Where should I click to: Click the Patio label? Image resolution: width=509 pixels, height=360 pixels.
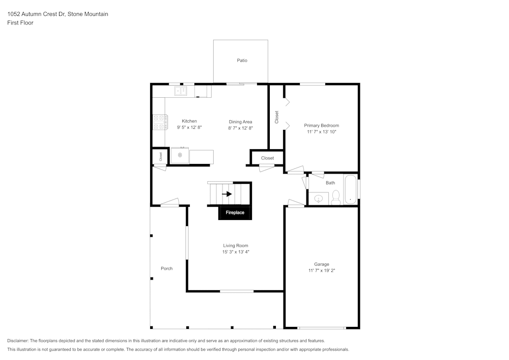click(242, 61)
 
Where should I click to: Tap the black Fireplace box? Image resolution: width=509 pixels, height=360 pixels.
click(235, 212)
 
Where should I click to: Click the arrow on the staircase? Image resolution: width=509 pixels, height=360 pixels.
click(227, 194)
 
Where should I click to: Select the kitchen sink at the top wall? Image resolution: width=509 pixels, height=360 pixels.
click(181, 91)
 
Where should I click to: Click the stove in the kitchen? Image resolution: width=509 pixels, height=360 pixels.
click(159, 122)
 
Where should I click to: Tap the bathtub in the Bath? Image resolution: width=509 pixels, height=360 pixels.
click(350, 189)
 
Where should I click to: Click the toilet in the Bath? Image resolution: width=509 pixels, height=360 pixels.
click(335, 197)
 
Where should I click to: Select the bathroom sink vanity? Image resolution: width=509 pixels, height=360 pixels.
click(319, 198)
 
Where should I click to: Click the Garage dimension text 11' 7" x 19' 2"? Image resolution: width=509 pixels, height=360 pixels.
click(321, 271)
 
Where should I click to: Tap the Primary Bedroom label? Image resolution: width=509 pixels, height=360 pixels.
click(321, 125)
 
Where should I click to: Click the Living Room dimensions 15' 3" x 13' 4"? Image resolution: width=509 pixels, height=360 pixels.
click(235, 252)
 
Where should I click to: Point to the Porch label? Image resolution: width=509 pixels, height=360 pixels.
click(166, 268)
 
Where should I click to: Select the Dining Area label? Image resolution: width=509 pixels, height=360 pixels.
click(240, 122)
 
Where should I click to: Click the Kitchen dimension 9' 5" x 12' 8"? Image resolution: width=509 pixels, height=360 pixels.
click(189, 128)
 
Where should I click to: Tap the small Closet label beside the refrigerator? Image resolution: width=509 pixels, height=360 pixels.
click(160, 156)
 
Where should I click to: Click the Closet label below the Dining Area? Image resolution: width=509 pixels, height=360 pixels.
click(267, 158)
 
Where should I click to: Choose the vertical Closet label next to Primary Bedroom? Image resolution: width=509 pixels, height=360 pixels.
click(276, 117)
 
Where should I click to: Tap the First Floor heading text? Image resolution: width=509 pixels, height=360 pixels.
click(20, 23)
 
